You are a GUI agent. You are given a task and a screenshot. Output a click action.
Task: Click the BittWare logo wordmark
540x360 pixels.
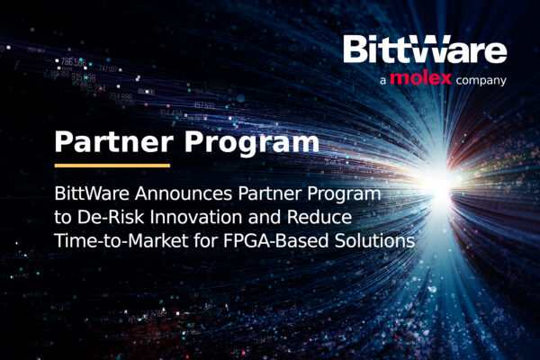pyautogui.click(x=425, y=49)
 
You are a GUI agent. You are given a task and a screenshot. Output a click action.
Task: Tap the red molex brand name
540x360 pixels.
pyautogui.click(x=420, y=78)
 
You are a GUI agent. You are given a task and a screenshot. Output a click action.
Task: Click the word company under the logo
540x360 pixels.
pyautogui.click(x=481, y=81)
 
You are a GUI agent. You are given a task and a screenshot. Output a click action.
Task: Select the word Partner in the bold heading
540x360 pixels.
pyautogui.click(x=114, y=141)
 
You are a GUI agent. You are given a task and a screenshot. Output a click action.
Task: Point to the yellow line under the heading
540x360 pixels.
pyautogui.click(x=112, y=166)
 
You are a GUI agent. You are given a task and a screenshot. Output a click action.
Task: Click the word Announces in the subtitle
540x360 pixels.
pyautogui.click(x=184, y=193)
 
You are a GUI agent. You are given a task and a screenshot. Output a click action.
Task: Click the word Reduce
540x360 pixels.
pyautogui.click(x=319, y=217)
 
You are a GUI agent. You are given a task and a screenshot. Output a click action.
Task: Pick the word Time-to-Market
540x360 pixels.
pyautogui.click(x=121, y=240)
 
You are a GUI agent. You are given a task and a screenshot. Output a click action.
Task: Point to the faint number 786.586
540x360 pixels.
pyautogui.click(x=74, y=62)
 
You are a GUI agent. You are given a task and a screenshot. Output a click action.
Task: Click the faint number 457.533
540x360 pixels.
pyautogui.click(x=204, y=105)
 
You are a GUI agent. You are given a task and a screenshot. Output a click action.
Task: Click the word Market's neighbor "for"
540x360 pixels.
pyautogui.click(x=206, y=240)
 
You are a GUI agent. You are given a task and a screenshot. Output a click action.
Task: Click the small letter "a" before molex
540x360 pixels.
pyautogui.click(x=383, y=81)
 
